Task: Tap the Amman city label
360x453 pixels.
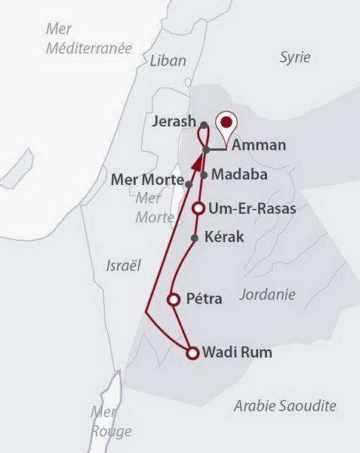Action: coord(259,145)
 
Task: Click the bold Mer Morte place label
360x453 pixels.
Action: coord(148,180)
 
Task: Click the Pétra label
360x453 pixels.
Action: coord(205,299)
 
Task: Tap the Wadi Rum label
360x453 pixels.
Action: coord(238,352)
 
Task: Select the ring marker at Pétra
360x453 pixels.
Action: coord(173,299)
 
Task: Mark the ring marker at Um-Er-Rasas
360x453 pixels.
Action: coord(198,208)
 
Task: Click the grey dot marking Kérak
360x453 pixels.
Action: coord(195,238)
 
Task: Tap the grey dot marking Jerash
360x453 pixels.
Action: coord(204,123)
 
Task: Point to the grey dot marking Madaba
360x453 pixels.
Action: coord(204,174)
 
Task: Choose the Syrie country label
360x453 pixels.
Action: coord(295,57)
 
